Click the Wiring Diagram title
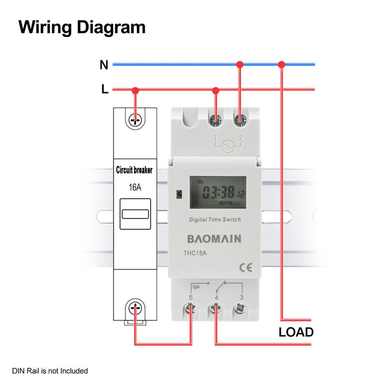coord(82,27)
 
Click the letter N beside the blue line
coord(104,65)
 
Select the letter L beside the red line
coord(105,90)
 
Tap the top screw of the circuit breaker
coord(136,119)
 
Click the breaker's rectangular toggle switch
coord(135,214)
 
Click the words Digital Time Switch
coord(215,220)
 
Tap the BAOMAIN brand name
coord(214,239)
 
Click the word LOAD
coord(296,332)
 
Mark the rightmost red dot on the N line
coord(282,64)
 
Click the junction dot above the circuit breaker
coord(136,90)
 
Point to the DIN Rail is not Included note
coord(50,371)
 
